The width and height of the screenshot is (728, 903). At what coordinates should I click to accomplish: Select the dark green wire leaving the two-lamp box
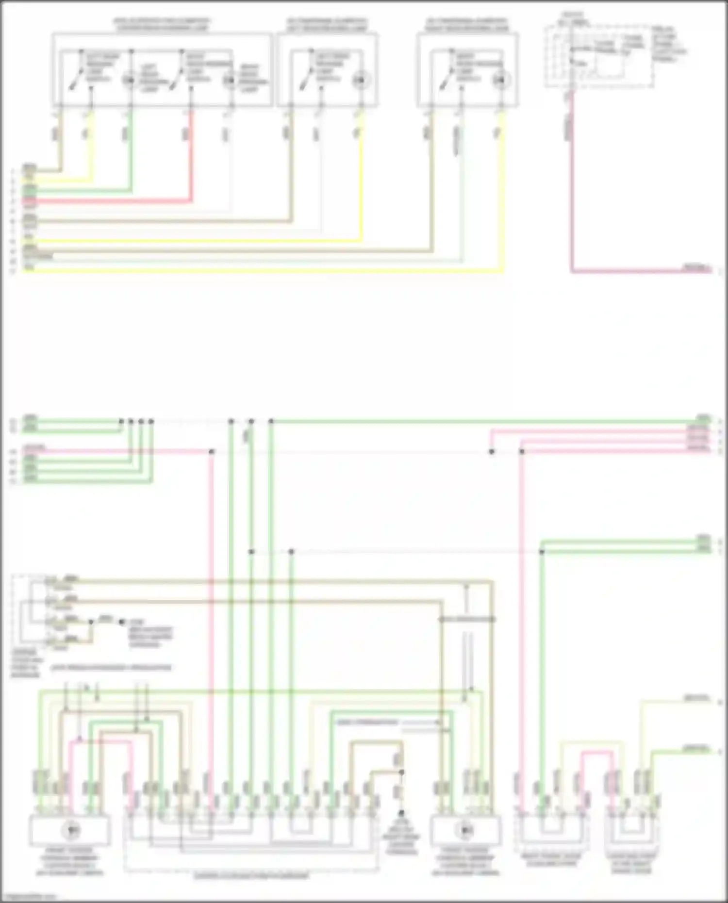tap(131, 155)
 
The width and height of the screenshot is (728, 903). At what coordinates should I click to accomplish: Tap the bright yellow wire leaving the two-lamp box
tap(91, 155)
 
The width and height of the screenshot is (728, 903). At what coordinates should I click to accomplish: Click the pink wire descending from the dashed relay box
tap(572, 194)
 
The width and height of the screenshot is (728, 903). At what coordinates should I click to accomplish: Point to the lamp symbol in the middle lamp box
tap(360, 80)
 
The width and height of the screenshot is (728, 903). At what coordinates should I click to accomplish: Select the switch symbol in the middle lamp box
tap(307, 78)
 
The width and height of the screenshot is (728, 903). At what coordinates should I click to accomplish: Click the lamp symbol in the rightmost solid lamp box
tap(500, 80)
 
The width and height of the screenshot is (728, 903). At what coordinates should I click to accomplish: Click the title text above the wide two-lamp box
tap(162, 25)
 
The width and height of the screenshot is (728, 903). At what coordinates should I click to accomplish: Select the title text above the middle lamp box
tap(327, 25)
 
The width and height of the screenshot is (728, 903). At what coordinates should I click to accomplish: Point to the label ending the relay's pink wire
tap(696, 267)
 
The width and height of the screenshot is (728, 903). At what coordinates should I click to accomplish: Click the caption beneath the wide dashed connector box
tap(251, 876)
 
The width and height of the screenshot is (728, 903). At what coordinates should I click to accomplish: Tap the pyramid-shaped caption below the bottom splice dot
tap(401, 842)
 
